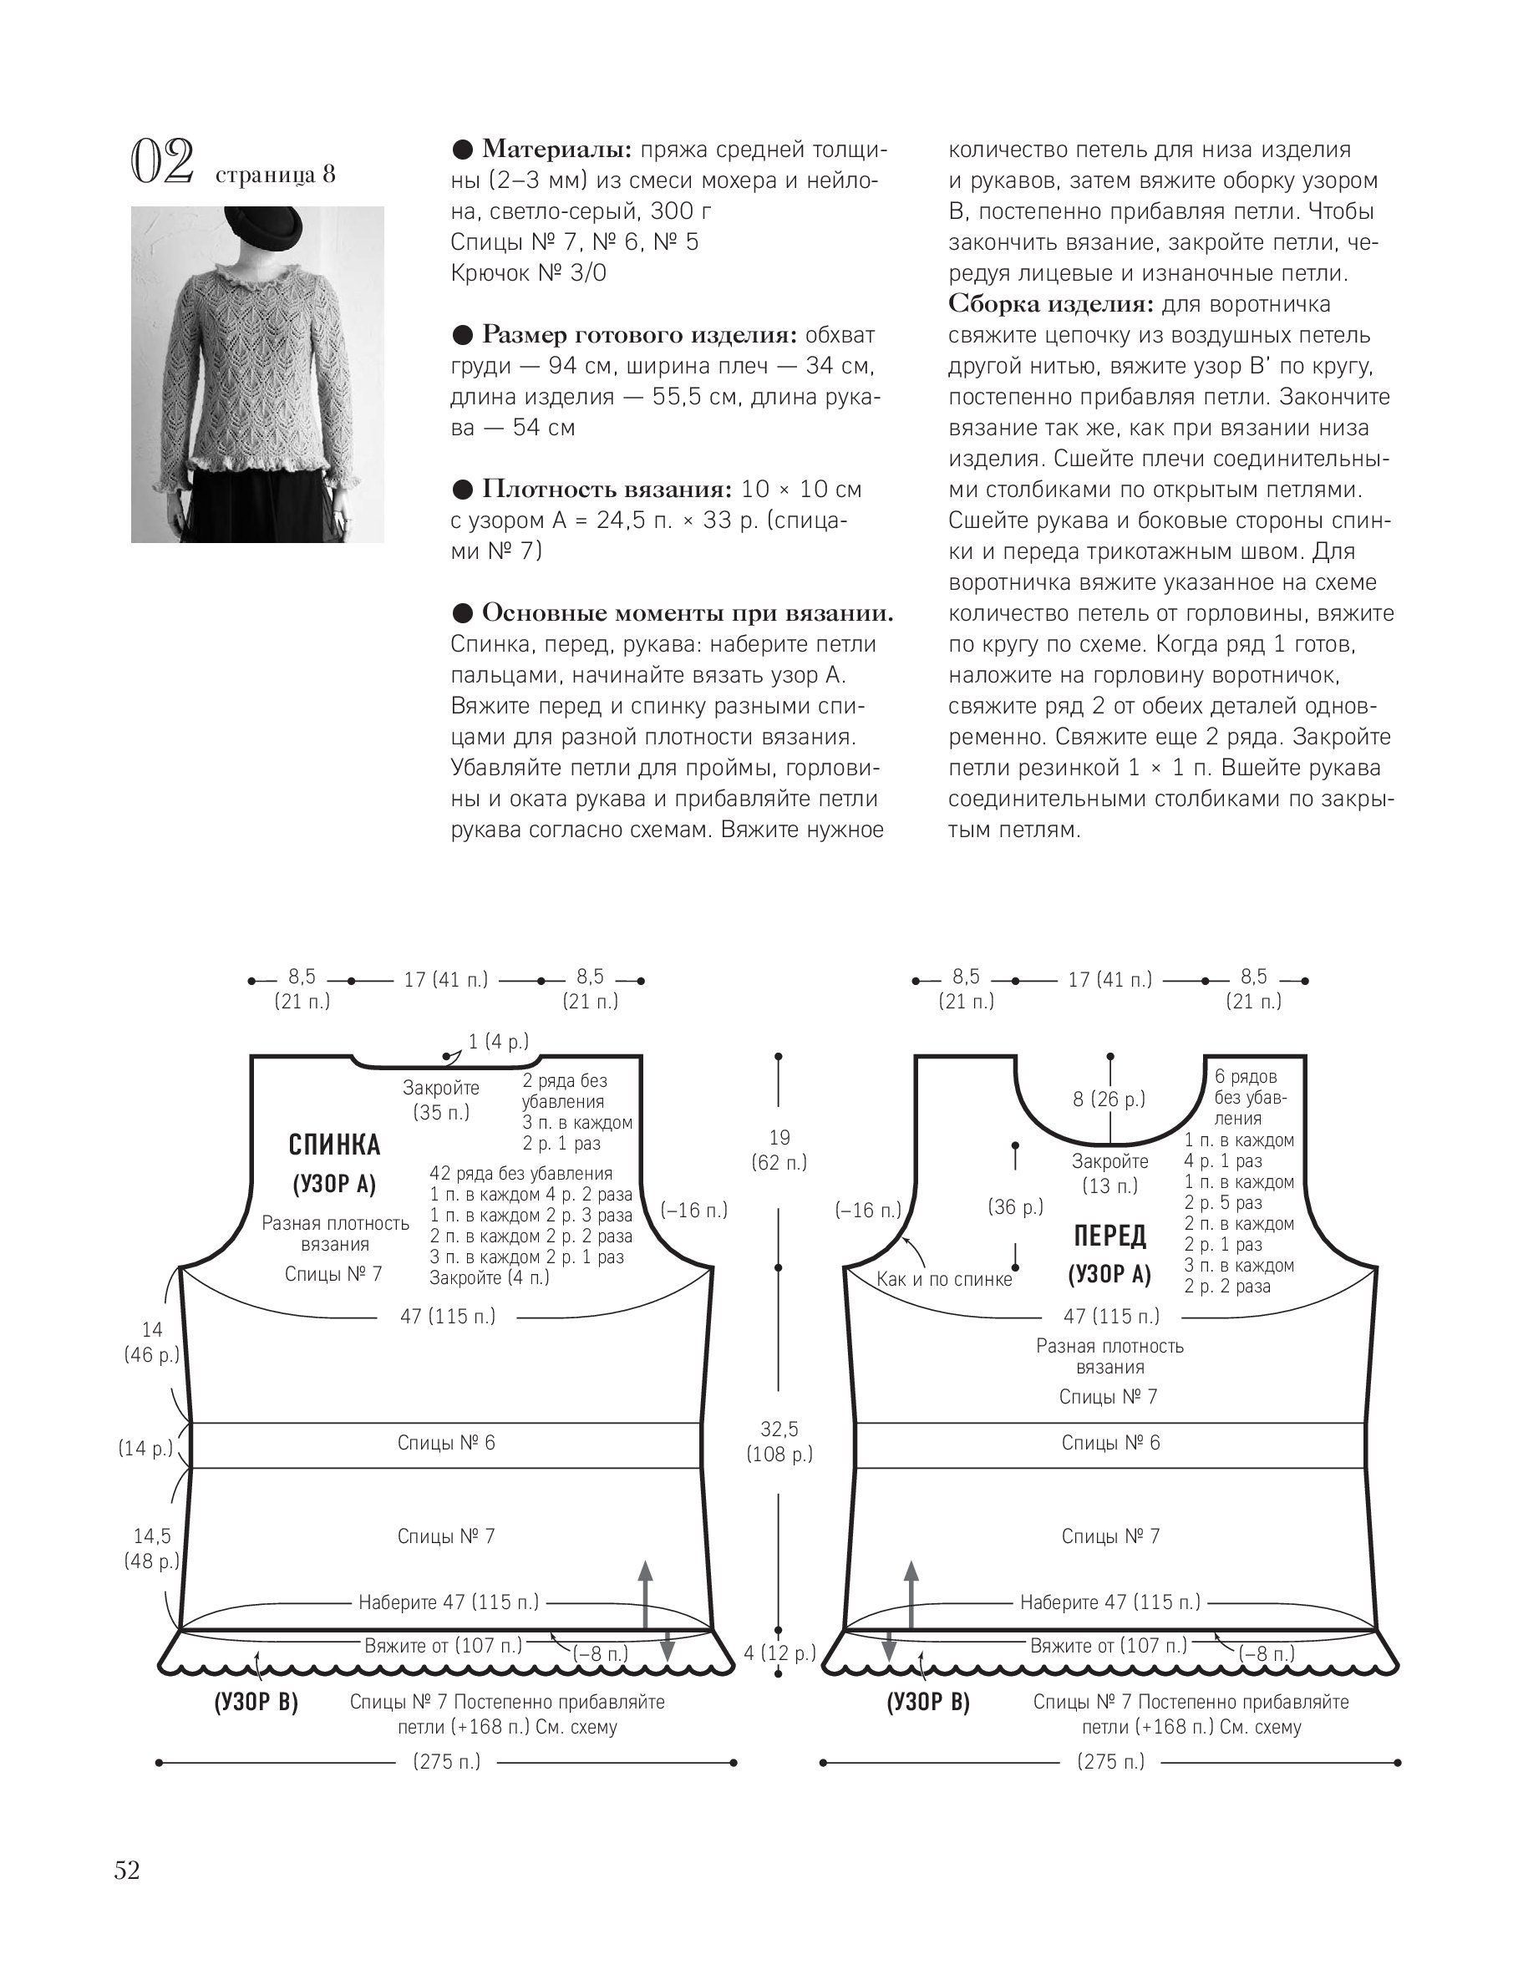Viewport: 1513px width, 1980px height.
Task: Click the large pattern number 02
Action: point(163,163)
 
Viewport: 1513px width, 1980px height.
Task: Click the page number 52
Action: point(127,1871)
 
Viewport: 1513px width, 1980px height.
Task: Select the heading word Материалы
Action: point(556,149)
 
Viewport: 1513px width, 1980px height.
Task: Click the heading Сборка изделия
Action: point(1049,303)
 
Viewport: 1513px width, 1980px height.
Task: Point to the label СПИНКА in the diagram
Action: point(334,1145)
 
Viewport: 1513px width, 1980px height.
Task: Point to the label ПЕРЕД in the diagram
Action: point(1109,1236)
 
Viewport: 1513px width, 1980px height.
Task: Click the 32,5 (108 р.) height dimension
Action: point(779,1441)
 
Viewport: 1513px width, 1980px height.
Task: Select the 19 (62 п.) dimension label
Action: point(779,1150)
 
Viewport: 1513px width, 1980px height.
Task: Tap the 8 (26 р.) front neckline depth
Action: point(1109,1099)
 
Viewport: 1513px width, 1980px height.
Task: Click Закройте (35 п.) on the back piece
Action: point(441,1100)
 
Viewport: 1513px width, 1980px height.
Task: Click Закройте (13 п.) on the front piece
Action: point(1109,1174)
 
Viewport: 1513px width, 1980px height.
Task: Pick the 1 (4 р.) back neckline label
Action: point(498,1042)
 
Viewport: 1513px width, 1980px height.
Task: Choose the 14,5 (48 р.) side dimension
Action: point(151,1549)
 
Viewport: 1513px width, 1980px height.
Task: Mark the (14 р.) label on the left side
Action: point(145,1449)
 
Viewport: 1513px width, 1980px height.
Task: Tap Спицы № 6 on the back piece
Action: point(446,1443)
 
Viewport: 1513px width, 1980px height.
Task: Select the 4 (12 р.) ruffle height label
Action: point(779,1653)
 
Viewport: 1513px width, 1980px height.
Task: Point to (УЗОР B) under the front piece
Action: point(927,1702)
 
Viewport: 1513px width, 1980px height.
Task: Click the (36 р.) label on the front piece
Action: point(1015,1206)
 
